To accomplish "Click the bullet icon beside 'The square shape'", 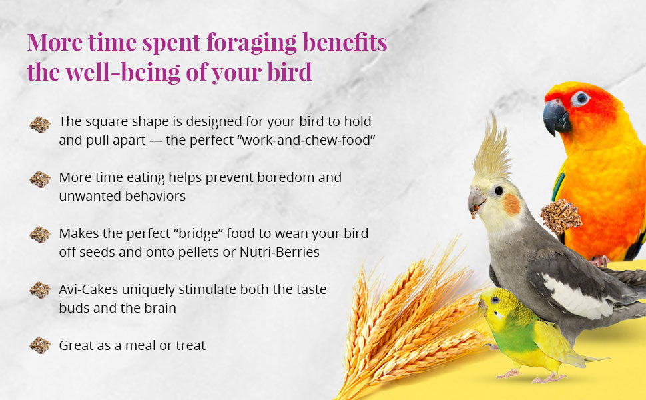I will [x=40, y=125].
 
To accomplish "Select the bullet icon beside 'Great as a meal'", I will [x=40, y=345].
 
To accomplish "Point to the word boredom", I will [x=279, y=178].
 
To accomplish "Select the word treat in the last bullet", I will [x=190, y=345].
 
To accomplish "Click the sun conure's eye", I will [x=581, y=98].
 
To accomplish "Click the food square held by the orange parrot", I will [x=559, y=215].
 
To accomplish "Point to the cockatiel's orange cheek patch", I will [x=511, y=204].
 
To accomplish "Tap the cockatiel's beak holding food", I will [x=476, y=203].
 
